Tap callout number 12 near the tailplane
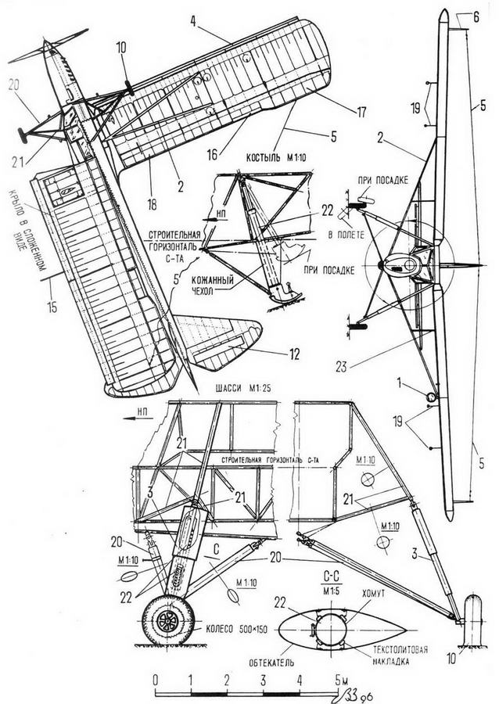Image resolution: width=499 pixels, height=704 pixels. coord(293,354)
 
